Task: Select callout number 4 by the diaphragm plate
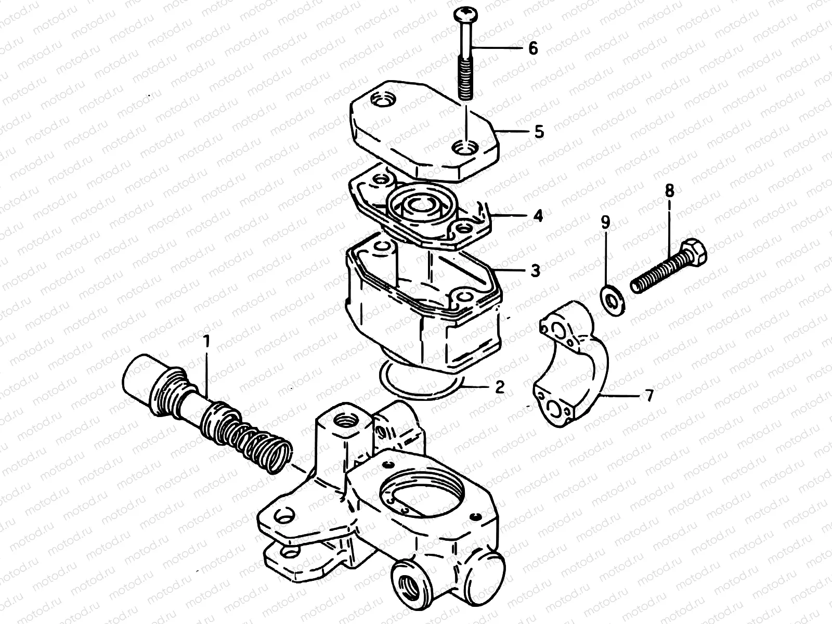(538, 215)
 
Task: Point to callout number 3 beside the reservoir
(535, 270)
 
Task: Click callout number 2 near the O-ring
(499, 387)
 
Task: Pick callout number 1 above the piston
(206, 342)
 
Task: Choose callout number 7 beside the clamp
(648, 395)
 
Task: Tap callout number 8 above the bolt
(669, 191)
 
